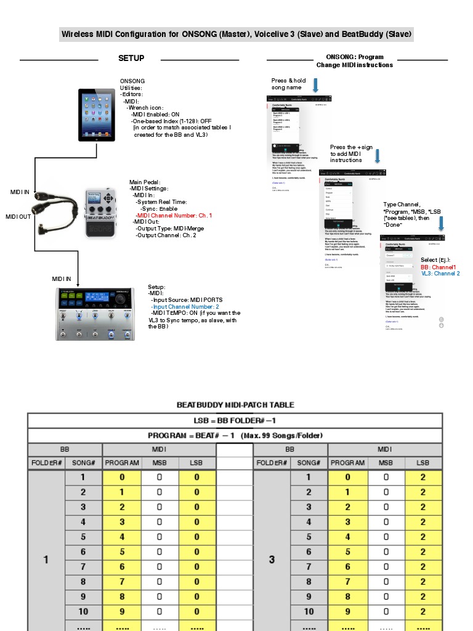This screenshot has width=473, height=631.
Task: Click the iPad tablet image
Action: tap(97, 115)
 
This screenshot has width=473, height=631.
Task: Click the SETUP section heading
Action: tap(131, 59)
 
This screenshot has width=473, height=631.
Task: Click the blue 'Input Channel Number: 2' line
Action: tap(186, 306)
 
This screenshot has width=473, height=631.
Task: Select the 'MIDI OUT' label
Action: tap(18, 217)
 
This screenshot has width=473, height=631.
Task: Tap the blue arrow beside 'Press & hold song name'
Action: tap(315, 85)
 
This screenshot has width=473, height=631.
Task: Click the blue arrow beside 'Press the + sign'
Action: tap(378, 157)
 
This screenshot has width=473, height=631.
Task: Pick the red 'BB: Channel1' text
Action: tap(439, 267)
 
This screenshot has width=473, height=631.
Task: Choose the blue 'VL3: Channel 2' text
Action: tap(440, 274)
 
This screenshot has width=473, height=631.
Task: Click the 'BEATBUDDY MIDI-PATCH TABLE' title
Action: tap(235, 405)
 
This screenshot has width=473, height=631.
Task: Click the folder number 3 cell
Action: tap(272, 560)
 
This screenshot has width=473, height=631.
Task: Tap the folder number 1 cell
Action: tap(46, 560)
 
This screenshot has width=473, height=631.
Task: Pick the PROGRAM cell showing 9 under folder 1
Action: tap(122, 611)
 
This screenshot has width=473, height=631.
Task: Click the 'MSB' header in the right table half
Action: tap(386, 462)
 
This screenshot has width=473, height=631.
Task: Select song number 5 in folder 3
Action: tap(309, 537)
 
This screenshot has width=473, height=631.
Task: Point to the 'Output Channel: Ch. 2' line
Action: tap(166, 235)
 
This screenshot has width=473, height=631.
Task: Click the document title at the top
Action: tap(236, 34)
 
